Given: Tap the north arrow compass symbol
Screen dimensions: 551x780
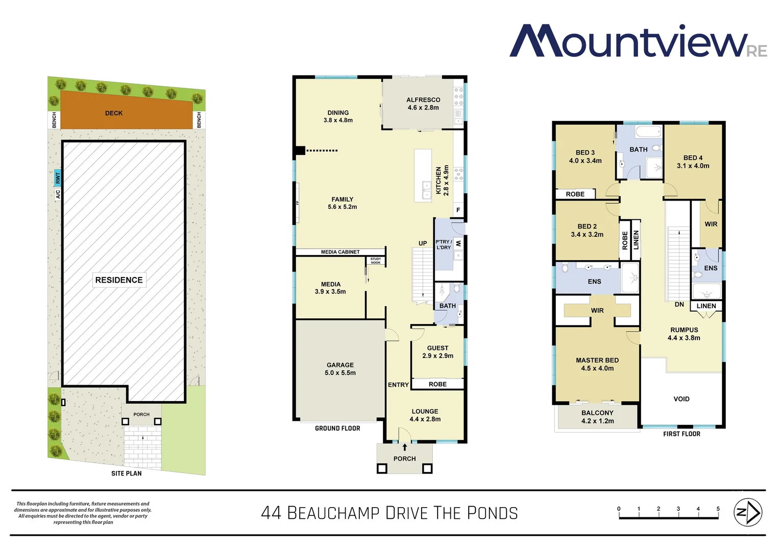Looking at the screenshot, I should pyautogui.click(x=747, y=512).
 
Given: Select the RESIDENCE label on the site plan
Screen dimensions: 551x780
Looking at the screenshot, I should pyautogui.click(x=119, y=280).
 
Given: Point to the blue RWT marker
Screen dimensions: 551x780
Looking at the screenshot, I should pyautogui.click(x=58, y=178).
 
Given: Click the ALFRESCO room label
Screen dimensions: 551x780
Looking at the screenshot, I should pyautogui.click(x=423, y=100).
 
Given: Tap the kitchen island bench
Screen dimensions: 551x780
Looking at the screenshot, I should pyautogui.click(x=423, y=175).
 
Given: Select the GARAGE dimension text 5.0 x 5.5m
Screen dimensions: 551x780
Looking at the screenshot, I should pyautogui.click(x=340, y=373).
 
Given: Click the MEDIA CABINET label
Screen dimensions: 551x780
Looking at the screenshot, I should pyautogui.click(x=340, y=252).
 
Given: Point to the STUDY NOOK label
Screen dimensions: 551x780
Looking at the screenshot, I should pyautogui.click(x=376, y=261).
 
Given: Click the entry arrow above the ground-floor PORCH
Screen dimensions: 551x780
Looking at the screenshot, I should pyautogui.click(x=405, y=447).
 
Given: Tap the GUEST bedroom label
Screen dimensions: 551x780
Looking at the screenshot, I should pyautogui.click(x=437, y=348).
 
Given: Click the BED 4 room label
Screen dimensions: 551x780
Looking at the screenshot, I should pyautogui.click(x=693, y=158).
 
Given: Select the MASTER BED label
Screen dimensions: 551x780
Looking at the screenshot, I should pyautogui.click(x=597, y=360).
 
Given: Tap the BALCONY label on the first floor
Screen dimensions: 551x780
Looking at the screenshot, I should pyautogui.click(x=597, y=413).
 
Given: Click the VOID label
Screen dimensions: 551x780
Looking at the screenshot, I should pyautogui.click(x=681, y=399).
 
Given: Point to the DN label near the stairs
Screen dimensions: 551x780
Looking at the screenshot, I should pyautogui.click(x=679, y=305).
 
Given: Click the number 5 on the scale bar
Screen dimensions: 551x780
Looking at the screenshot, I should pyautogui.click(x=718, y=509).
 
